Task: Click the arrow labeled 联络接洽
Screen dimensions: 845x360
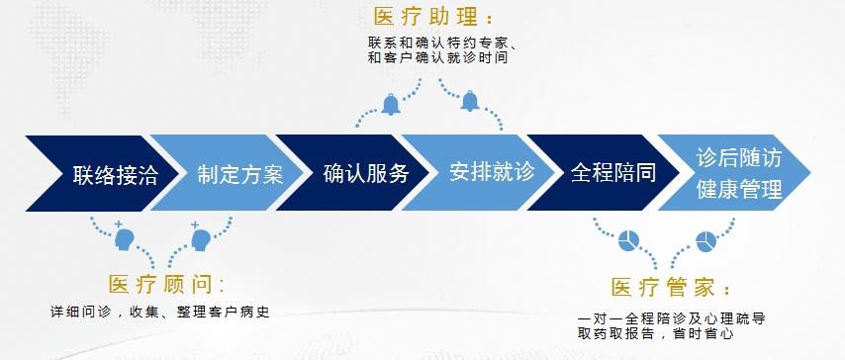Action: click(x=102, y=173)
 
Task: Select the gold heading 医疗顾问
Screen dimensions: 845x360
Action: click(x=166, y=285)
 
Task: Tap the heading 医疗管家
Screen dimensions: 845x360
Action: click(x=672, y=287)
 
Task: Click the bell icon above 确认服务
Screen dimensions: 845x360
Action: click(x=391, y=105)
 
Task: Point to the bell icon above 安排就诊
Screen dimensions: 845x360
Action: click(x=470, y=101)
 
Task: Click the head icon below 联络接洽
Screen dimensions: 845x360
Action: click(x=124, y=237)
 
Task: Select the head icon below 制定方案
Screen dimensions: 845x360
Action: click(x=200, y=237)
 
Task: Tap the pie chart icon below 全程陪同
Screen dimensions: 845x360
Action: click(x=628, y=240)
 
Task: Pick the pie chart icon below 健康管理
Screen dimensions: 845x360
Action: click(x=705, y=240)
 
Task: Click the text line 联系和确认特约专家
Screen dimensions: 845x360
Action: click(x=442, y=44)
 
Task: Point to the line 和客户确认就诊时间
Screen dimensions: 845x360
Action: click(x=437, y=58)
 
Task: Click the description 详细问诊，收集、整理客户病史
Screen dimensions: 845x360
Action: click(x=159, y=313)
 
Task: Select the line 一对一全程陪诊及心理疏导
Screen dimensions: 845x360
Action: click(x=672, y=318)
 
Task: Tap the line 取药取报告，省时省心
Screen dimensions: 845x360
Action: click(x=655, y=333)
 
